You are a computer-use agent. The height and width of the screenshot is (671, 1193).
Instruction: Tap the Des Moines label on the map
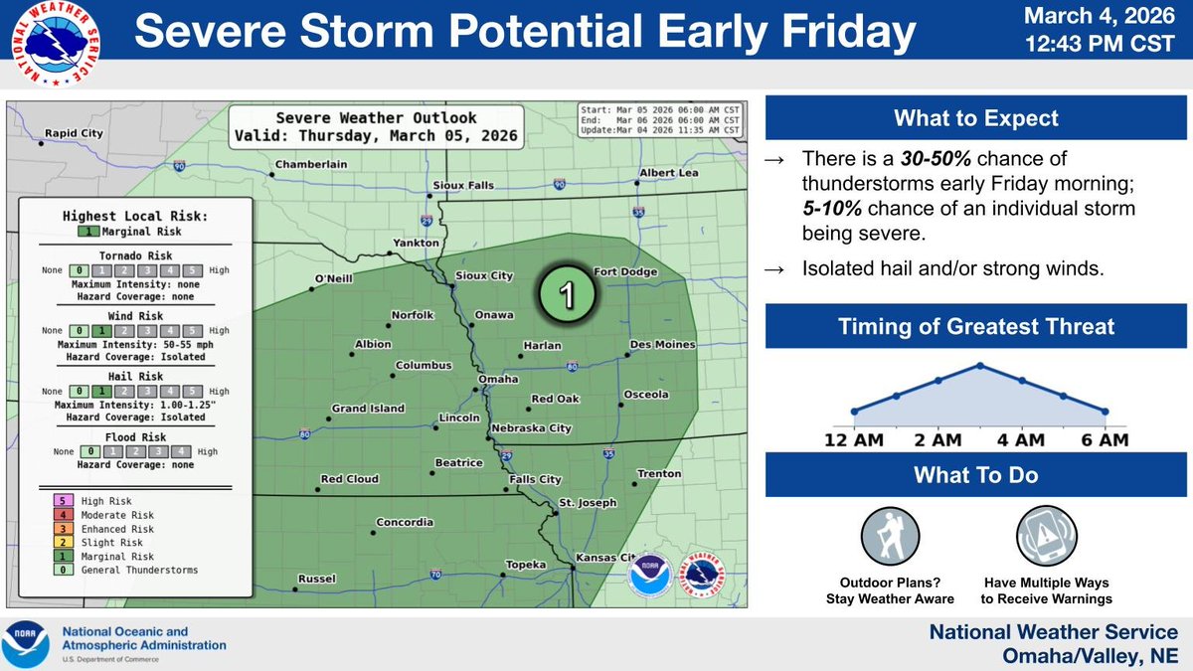pos(661,345)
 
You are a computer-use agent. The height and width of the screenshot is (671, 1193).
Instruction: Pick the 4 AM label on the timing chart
pos(1021,440)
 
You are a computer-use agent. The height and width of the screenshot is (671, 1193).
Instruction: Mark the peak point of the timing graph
pos(980,365)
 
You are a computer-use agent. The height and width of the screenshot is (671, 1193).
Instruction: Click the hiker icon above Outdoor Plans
pos(890,537)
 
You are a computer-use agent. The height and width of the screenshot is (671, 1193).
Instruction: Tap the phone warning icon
pos(1046,537)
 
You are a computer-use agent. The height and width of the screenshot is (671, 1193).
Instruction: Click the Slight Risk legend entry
pos(103,543)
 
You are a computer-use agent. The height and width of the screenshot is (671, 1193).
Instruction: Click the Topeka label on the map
pos(527,565)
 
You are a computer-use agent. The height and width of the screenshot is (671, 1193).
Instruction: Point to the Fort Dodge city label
pos(626,272)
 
